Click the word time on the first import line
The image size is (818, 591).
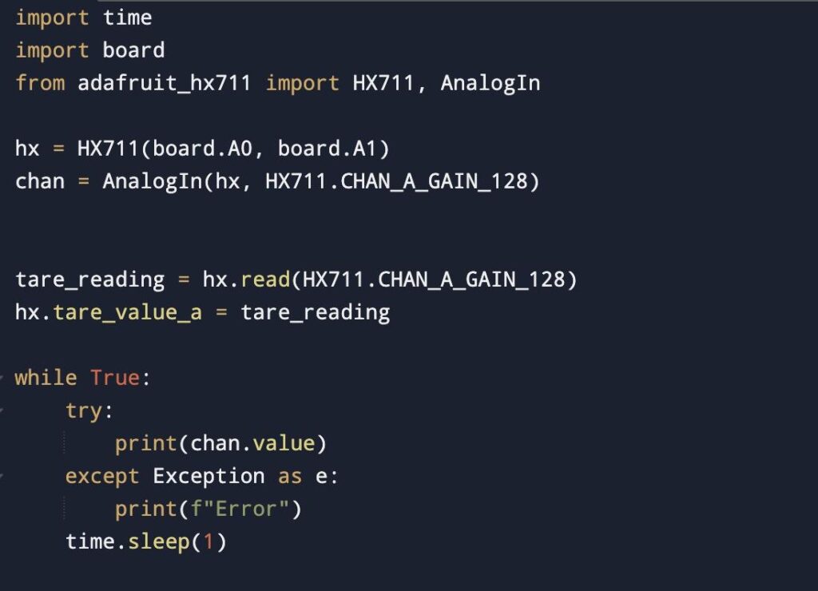click(128, 18)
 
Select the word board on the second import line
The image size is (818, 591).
click(133, 50)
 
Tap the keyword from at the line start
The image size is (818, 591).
click(40, 83)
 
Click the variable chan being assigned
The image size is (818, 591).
click(40, 181)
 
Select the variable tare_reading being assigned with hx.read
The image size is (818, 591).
click(89, 280)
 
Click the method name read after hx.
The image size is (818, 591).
click(264, 280)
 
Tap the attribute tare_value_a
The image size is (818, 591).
click(127, 312)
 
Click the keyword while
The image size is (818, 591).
click(46, 378)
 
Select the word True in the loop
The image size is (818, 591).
click(115, 378)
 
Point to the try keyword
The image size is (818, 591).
click(84, 411)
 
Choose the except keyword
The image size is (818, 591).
click(102, 476)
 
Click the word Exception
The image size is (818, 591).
click(208, 476)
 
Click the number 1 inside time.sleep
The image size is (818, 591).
click(208, 541)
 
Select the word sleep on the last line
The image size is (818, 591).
click(158, 541)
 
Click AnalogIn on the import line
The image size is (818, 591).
click(490, 83)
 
